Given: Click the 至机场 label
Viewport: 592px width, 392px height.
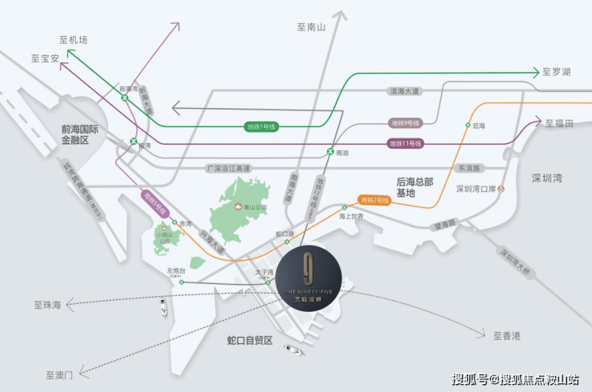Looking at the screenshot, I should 73,40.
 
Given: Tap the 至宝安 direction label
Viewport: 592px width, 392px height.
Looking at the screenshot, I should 45,58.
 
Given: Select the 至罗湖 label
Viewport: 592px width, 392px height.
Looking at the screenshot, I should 556,72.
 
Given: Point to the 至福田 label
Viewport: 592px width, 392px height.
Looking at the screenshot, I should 559,123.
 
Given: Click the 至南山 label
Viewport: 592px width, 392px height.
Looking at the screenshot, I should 312,27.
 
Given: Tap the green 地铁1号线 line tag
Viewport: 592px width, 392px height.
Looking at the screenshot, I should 261,126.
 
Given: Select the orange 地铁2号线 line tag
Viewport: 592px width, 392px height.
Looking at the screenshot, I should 374,200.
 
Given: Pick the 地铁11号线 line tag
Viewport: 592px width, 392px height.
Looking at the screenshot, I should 405,143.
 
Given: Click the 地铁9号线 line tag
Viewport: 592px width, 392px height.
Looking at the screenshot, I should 406,123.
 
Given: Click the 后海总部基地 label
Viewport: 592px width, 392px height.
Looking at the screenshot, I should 414,188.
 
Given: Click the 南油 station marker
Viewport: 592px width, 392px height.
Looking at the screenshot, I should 330,151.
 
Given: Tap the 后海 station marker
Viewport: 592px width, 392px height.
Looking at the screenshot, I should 467,126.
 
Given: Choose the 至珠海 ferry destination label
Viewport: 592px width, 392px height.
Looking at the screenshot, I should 48,305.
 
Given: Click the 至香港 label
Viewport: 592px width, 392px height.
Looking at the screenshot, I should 506,335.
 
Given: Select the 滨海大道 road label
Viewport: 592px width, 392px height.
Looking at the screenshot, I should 403,91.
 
